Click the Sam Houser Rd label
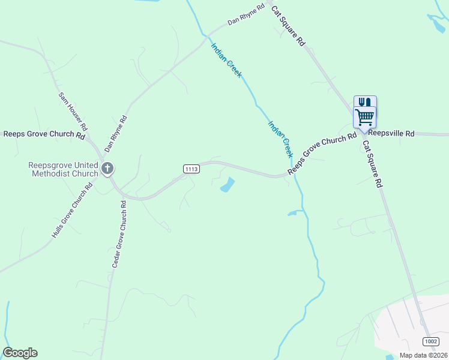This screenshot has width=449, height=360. pyautogui.click(x=73, y=112)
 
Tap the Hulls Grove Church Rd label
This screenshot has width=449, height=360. pyautogui.click(x=72, y=210)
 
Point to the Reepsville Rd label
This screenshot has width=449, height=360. pyautogui.click(x=391, y=134)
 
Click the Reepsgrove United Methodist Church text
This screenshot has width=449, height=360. pyautogui.click(x=63, y=170)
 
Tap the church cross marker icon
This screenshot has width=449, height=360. pyautogui.click(x=107, y=168)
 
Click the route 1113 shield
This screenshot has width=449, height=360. pyautogui.click(x=191, y=169)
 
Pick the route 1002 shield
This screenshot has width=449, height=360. pyautogui.click(x=430, y=341)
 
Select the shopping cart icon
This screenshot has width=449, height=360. pyautogui.click(x=364, y=116)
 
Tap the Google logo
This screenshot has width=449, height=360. pyautogui.click(x=20, y=353)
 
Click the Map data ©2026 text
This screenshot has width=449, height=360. pyautogui.click(x=423, y=355)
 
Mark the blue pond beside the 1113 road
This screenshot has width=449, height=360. pyautogui.click(x=228, y=185)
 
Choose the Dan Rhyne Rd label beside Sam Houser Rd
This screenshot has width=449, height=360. pyautogui.click(x=116, y=133)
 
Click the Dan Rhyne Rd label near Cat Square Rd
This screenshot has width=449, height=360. pyautogui.click(x=246, y=15)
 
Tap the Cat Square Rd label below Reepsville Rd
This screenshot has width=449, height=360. pyautogui.click(x=372, y=165)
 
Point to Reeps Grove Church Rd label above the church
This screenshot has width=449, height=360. pyautogui.click(x=44, y=135)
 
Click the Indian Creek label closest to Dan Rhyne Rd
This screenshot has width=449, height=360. pyautogui.click(x=226, y=59)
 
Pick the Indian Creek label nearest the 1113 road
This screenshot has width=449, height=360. pyautogui.click(x=279, y=137)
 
